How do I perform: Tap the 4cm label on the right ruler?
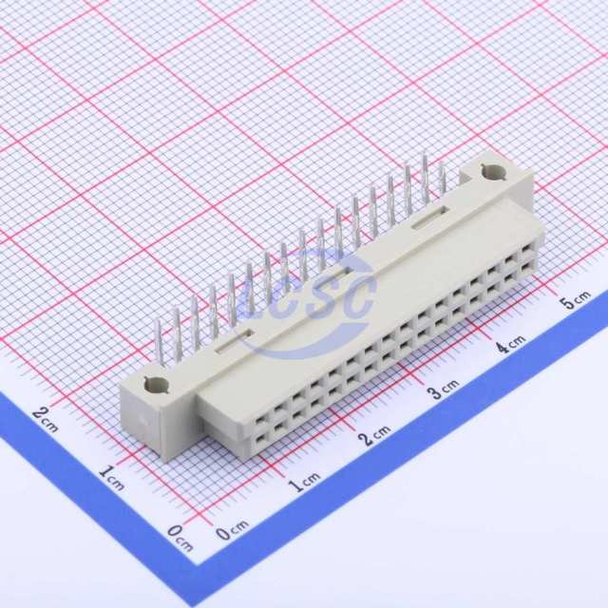511,344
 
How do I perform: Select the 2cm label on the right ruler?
373,435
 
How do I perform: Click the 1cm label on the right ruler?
305,482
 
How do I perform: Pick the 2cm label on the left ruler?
46,420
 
